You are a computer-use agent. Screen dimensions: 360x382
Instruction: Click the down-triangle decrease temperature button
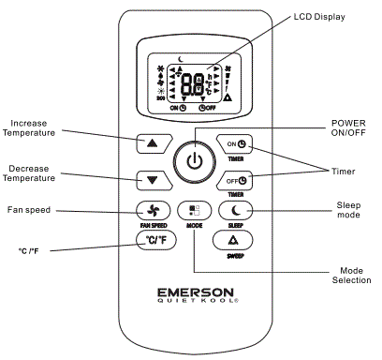click(x=153, y=178)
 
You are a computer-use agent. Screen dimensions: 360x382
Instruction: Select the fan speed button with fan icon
click(x=152, y=211)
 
